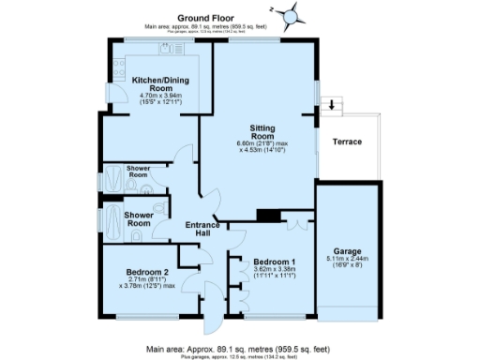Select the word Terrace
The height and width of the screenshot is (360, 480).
(347, 142)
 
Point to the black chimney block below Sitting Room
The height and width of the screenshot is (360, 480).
(269, 216)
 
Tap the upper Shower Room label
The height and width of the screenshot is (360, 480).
(138, 172)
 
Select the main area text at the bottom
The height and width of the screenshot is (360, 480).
(240, 348)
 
